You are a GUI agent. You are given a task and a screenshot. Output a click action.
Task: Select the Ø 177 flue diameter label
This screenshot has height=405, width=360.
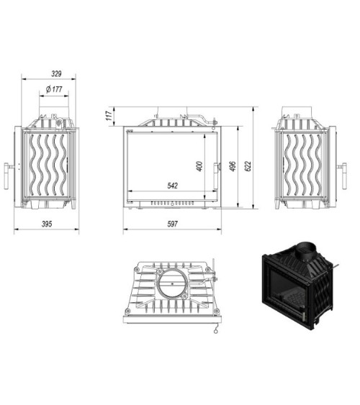tap(55, 89)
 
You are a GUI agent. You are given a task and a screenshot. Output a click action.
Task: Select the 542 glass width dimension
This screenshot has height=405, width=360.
tap(172, 186)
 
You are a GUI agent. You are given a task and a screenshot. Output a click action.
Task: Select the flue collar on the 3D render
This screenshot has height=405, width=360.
tap(302, 250)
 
